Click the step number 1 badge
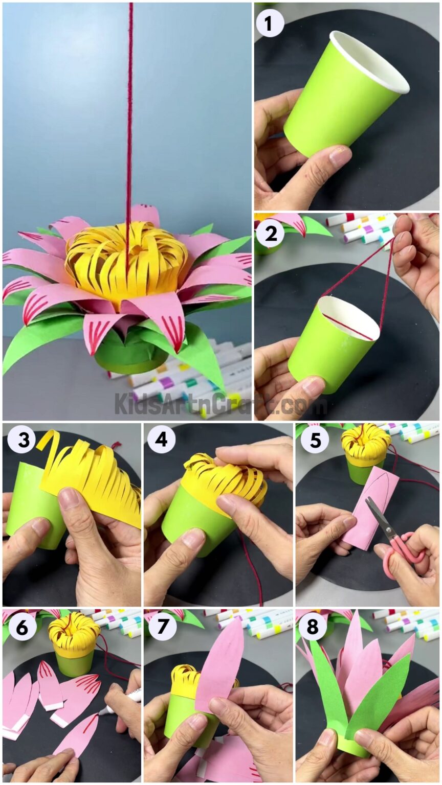point(270,23)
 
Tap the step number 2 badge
point(270,234)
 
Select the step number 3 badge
point(21,438)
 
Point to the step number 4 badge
point(161,438)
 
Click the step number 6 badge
point(21,627)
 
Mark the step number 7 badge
point(161,627)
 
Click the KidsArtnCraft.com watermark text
point(220,404)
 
